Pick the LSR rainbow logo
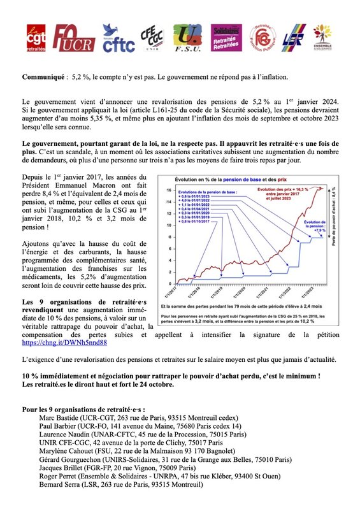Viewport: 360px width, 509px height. (x=294, y=39)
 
